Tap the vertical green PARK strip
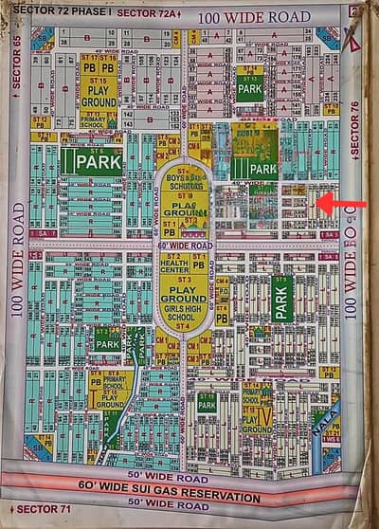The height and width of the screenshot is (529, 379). [281, 297]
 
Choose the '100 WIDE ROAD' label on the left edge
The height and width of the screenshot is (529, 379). [17, 257]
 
